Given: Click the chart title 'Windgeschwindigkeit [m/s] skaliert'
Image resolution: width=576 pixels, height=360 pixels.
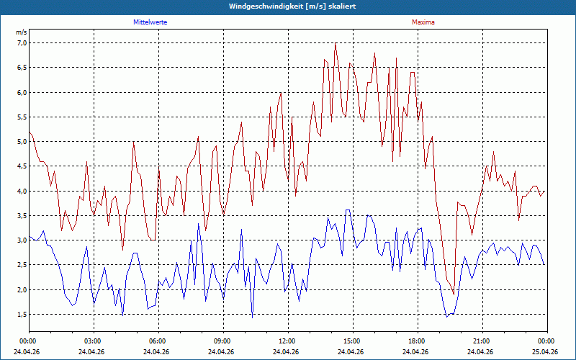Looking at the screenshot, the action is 292,6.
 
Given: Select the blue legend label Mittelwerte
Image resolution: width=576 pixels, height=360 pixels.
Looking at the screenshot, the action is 150,22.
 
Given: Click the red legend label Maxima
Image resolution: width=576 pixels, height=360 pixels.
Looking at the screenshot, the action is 423,22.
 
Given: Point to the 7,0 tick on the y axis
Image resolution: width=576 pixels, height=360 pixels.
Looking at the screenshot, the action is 22,43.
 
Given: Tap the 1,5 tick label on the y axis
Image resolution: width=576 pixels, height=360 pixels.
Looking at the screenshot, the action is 22,315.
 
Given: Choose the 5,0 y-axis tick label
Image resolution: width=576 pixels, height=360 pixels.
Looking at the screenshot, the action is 22,142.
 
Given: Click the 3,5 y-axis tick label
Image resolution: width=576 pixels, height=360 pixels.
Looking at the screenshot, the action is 22,215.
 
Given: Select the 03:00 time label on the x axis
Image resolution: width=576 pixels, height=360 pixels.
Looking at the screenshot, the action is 94,341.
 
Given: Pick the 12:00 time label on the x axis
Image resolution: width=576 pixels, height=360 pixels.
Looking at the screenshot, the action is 289,341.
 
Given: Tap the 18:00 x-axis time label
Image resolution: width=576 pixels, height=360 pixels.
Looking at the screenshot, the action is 418,341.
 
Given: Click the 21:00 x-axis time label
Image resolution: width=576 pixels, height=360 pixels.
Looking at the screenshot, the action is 482,341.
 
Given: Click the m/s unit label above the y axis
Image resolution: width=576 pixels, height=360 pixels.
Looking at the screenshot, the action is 22,32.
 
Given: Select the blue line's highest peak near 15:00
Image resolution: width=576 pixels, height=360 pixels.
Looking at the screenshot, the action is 348,210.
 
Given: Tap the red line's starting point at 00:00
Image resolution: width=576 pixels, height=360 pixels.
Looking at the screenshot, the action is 30,132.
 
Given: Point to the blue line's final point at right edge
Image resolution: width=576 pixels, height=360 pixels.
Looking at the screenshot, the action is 544,264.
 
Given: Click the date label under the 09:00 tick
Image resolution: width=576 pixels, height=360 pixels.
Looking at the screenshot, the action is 221,351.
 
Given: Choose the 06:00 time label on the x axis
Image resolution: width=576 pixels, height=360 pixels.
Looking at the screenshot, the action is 158,341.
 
